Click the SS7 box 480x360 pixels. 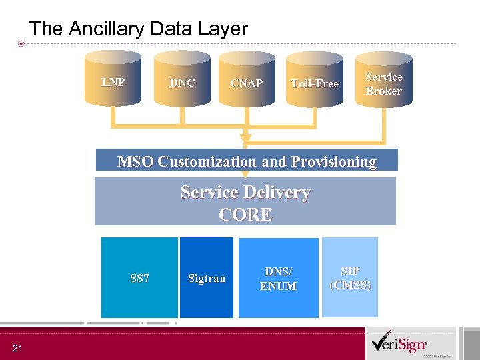point(139,277)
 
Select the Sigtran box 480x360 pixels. point(207,277)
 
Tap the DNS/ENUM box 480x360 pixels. point(278,277)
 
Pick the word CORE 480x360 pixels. point(245,215)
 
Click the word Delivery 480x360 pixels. point(277,193)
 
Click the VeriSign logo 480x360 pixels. point(401,345)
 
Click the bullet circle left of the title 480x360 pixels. point(21,44)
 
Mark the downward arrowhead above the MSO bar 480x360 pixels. point(245,140)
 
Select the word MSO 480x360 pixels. point(135,161)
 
